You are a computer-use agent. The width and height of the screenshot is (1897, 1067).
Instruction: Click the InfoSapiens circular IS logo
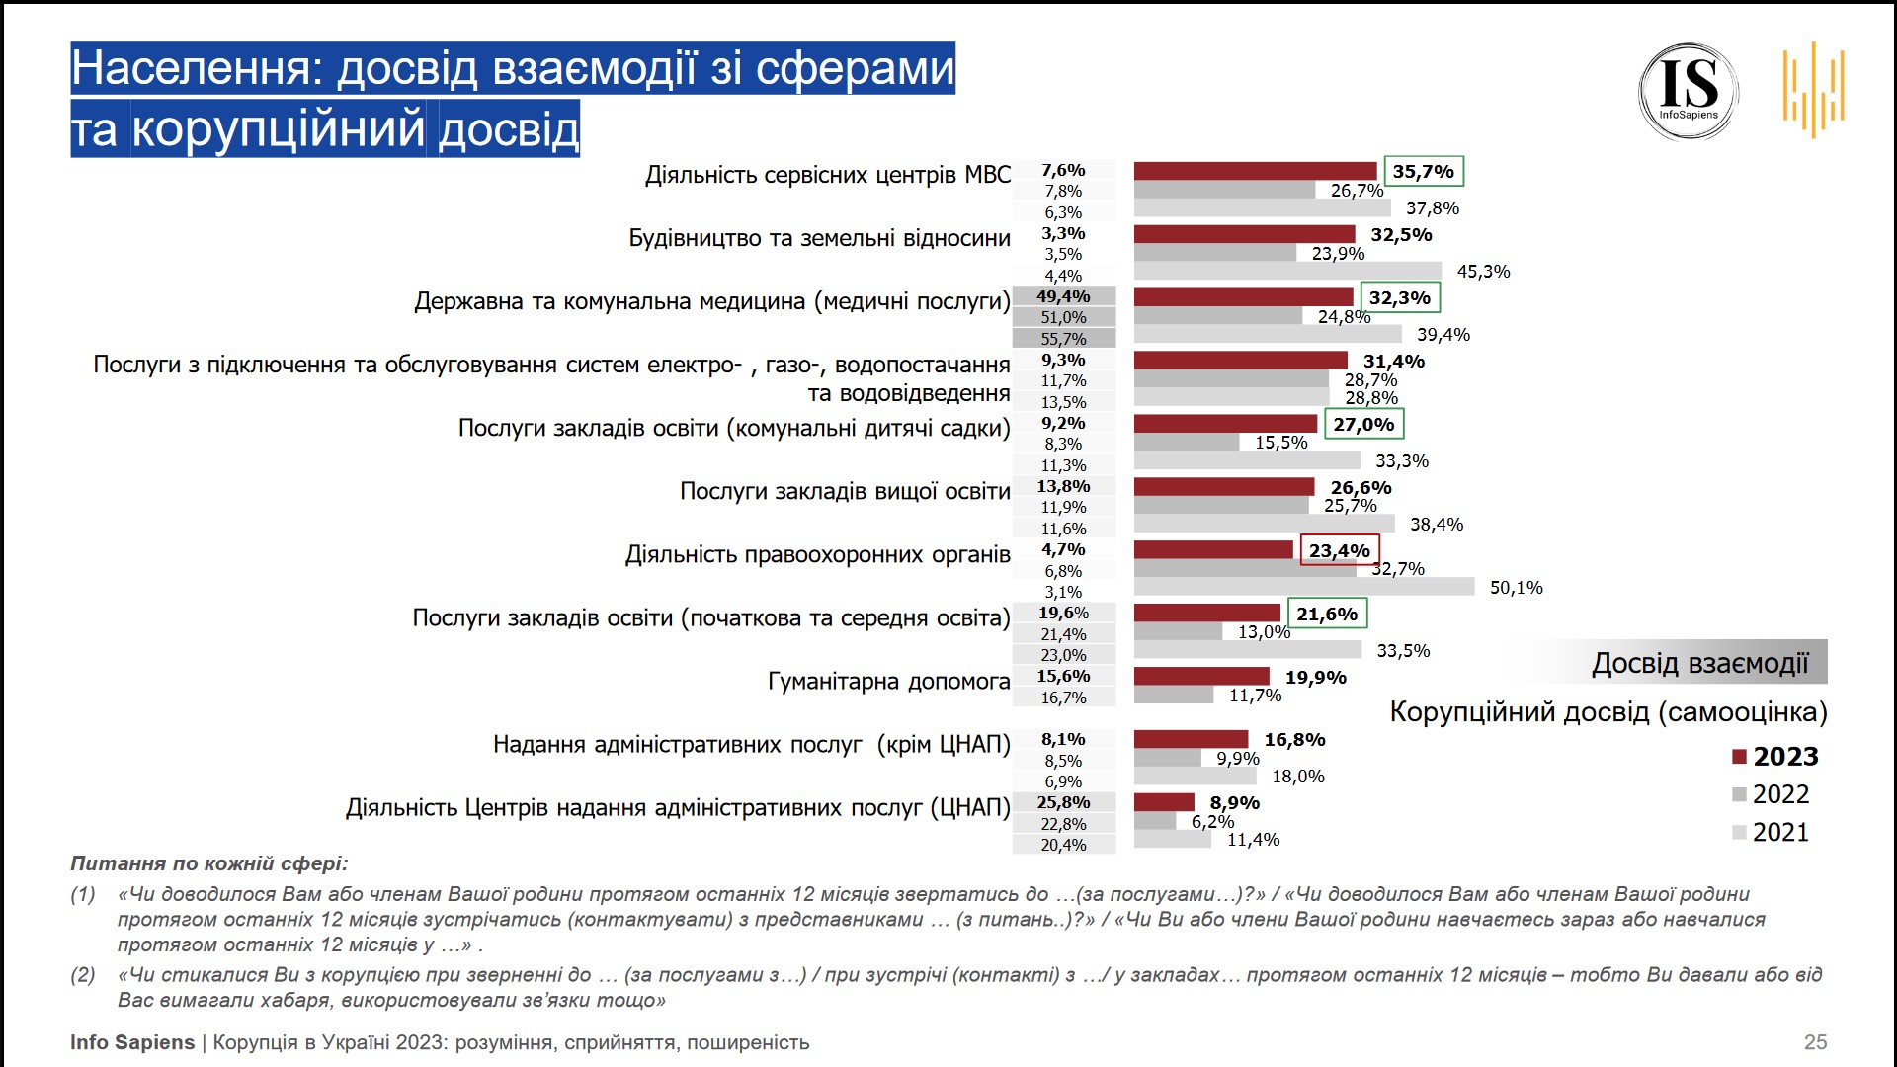(1689, 91)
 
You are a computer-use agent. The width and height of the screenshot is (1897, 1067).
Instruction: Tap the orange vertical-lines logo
(1814, 89)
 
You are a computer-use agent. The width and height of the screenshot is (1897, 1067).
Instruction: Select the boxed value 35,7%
(1423, 172)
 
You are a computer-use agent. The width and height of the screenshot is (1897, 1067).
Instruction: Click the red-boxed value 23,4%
(1339, 551)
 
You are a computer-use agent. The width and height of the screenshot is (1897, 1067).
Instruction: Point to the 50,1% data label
(1516, 588)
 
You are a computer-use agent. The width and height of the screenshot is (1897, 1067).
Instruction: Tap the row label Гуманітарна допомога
(888, 681)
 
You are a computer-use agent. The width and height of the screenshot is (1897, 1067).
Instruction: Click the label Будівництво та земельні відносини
(819, 238)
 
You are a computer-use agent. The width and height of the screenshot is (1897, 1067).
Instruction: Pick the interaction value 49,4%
(1063, 296)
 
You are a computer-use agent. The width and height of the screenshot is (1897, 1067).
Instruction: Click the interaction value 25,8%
(1063, 802)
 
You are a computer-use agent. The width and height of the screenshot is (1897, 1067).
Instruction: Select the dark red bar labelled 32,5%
(1244, 234)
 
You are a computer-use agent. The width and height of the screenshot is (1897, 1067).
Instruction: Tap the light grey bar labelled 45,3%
(1287, 271)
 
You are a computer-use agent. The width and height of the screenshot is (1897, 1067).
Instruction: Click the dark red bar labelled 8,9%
(1164, 802)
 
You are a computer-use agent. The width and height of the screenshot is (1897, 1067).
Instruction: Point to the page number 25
(1815, 1042)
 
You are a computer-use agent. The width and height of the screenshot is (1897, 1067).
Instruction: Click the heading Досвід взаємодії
(1699, 663)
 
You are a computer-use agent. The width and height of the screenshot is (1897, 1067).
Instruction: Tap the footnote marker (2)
(83, 975)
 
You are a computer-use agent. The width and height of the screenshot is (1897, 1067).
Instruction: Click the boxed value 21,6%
(1326, 615)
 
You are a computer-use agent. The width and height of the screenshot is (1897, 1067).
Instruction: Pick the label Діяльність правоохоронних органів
(817, 554)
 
